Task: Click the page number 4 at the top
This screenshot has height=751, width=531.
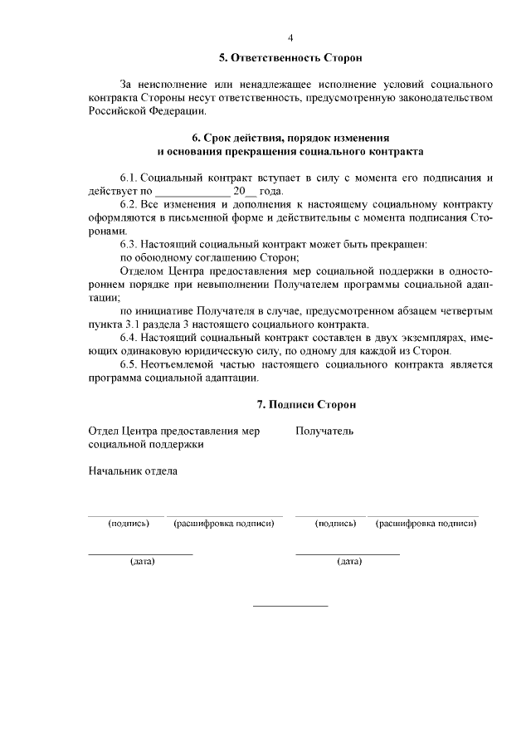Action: [290, 37]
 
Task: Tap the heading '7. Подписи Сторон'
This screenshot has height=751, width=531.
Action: [306, 404]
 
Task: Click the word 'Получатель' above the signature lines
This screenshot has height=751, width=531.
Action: [324, 431]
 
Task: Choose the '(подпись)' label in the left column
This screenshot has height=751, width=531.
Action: [129, 524]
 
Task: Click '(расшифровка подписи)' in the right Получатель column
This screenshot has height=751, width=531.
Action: [426, 524]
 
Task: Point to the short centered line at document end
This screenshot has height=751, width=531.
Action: [290, 606]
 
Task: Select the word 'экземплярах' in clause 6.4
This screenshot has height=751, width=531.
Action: [458, 338]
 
